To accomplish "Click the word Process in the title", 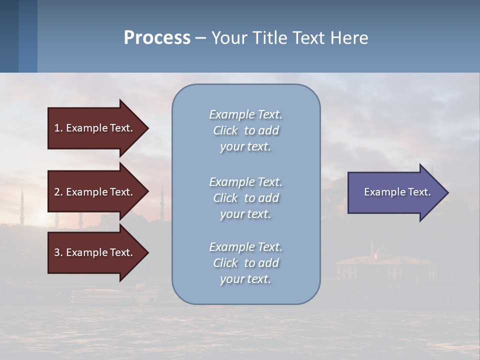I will click(157, 37).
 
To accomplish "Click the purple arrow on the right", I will click(395, 192).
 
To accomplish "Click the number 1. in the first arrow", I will click(58, 128).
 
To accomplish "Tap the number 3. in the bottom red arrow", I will click(58, 252).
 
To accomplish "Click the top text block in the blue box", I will click(245, 130).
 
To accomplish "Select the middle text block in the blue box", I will click(245, 198).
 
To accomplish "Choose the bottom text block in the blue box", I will click(245, 263).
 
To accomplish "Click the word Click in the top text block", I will click(225, 130).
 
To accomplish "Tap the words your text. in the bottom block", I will click(245, 279).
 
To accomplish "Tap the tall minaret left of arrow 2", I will click(22, 205).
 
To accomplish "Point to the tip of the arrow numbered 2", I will click(147, 191).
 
